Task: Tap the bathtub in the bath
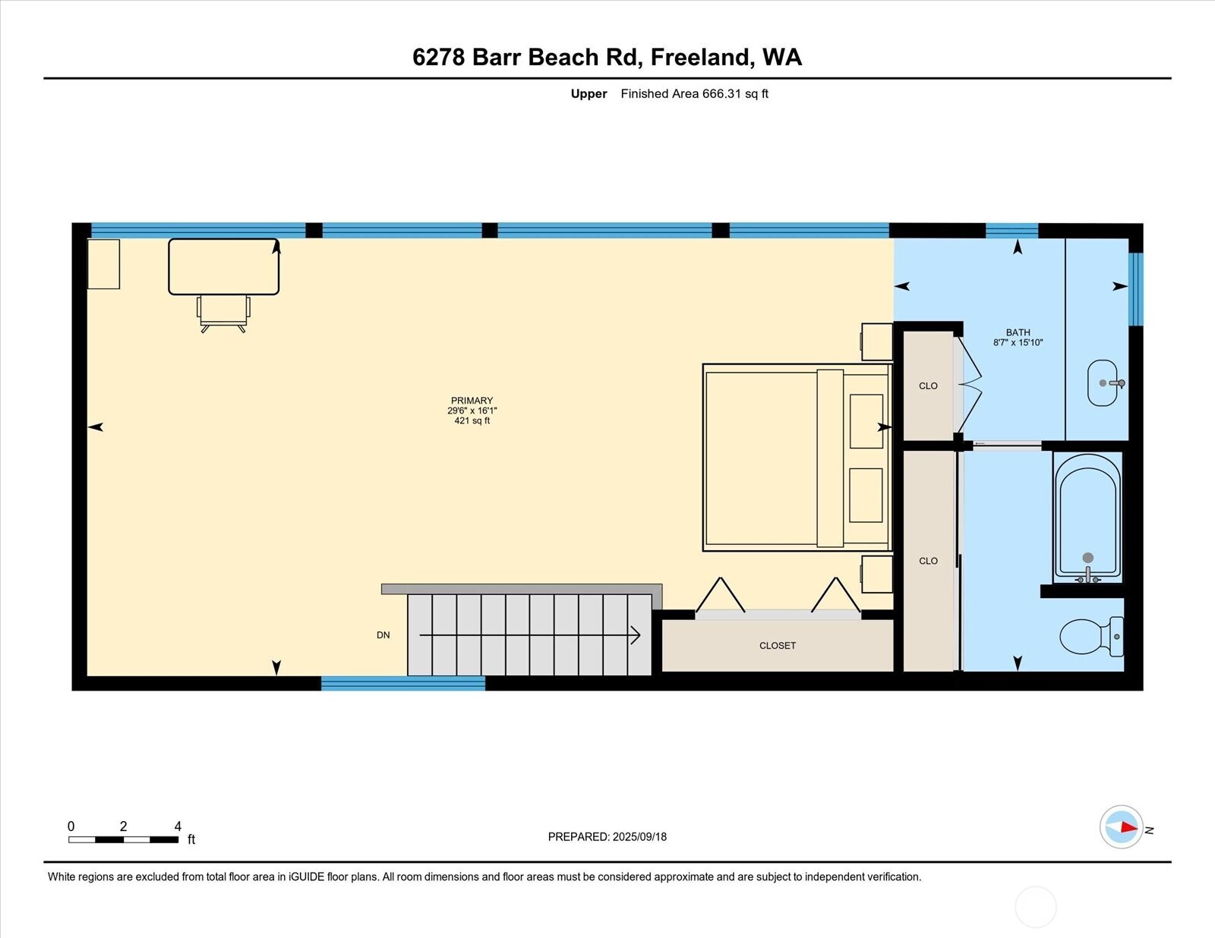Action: coord(1087,516)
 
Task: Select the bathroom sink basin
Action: coord(1103,383)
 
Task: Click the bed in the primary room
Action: coord(796,458)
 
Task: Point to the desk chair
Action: coord(223,312)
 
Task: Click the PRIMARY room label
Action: coord(472,401)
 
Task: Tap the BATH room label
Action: coord(1018,332)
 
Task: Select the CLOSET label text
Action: coord(778,646)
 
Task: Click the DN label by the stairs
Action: coord(383,635)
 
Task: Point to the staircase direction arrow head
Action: coord(635,635)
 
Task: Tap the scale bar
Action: coord(123,839)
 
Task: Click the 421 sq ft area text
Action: coord(472,420)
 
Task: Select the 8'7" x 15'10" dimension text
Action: coord(1018,343)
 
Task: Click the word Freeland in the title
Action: coord(701,57)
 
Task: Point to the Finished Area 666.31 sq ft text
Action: coord(694,94)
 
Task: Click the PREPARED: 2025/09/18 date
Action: coord(607,837)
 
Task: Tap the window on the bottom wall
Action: coord(402,684)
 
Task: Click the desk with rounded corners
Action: coord(223,266)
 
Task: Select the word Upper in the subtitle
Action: coord(589,94)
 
